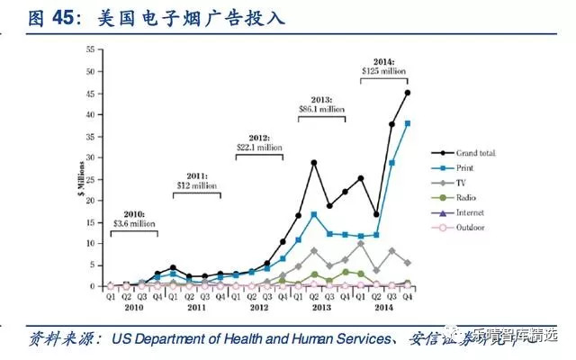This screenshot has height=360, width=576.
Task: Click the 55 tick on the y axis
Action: pyautogui.click(x=90, y=49)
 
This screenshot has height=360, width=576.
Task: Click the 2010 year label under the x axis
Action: pyautogui.click(x=133, y=308)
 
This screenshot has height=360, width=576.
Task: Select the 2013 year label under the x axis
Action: pyautogui.click(x=321, y=308)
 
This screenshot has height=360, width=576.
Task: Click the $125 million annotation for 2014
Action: pyautogui.click(x=384, y=68)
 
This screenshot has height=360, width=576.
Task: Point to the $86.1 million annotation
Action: pyautogui.click(x=321, y=109)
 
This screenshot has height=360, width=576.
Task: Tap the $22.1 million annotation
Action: pyautogui.click(x=259, y=147)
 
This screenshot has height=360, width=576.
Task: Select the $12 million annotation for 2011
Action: pyautogui.click(x=196, y=184)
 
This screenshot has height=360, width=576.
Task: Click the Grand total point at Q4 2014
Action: pyautogui.click(x=408, y=93)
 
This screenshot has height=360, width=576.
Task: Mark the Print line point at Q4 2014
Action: pyautogui.click(x=408, y=123)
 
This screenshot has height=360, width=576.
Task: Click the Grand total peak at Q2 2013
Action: pyautogui.click(x=314, y=163)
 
